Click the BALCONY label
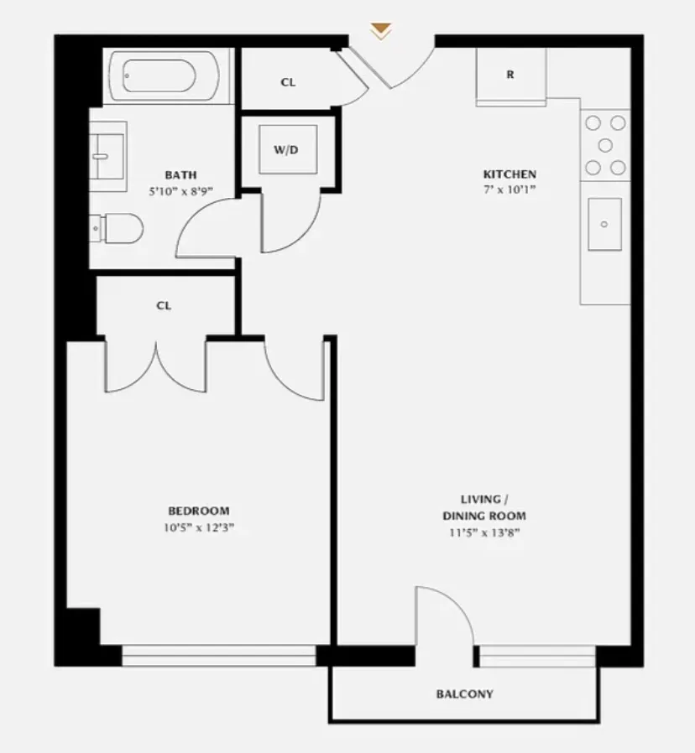464,694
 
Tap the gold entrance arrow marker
381,32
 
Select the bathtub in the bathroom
168,76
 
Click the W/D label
286,150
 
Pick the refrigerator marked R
510,75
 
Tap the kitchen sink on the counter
604,225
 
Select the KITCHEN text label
509,174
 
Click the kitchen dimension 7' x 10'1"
509,190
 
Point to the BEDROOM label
198,511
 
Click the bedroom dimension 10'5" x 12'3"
198,527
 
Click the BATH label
180,175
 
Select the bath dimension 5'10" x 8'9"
180,190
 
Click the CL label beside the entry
288,82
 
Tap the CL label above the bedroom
164,306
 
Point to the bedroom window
219,655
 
